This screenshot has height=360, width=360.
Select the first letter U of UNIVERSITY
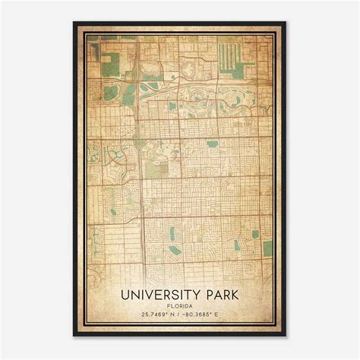pos(125,292)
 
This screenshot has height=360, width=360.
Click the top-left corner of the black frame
pos(74,22)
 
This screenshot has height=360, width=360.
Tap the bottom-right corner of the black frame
pos(286,336)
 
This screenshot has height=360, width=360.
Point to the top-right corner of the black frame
pos(286,22)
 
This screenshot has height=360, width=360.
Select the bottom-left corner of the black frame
pos(74,336)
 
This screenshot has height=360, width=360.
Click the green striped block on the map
pos(229,56)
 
